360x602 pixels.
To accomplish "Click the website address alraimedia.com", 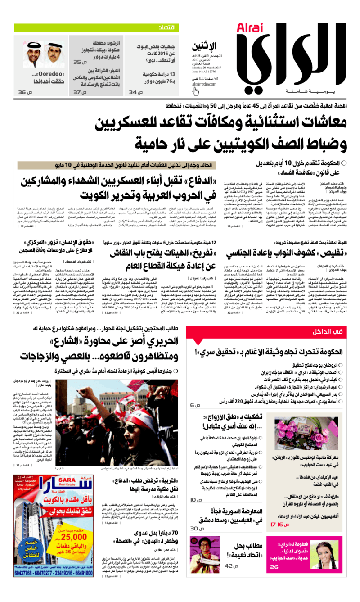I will [204, 83].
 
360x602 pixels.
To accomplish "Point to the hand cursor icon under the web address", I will [195, 91].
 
